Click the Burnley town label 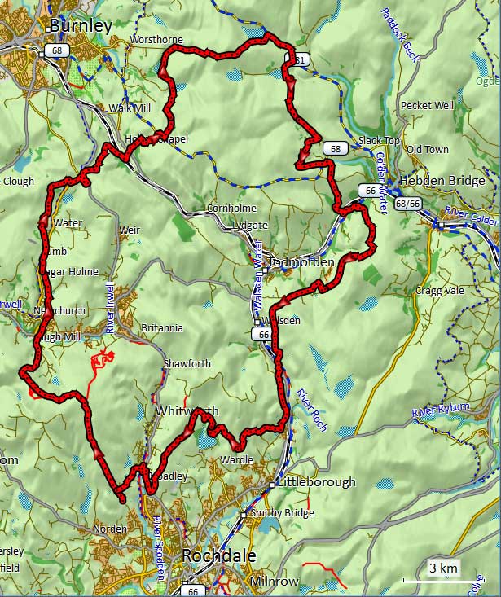(80, 26)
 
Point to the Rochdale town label (218, 555)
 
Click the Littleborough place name (316, 481)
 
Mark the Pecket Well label (427, 106)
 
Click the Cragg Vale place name (438, 291)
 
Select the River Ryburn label (442, 410)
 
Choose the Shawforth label (187, 363)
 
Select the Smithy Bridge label (282, 513)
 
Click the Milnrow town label (275, 582)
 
